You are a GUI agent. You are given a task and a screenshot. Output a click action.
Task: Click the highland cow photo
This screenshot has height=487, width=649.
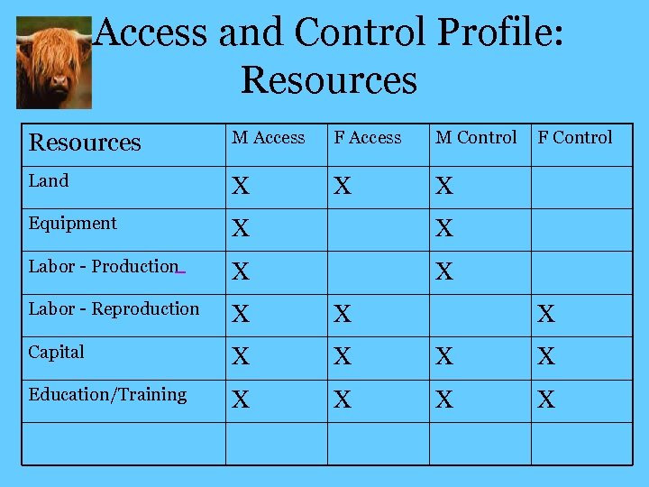point(54,61)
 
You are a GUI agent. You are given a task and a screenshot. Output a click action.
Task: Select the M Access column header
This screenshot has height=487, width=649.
point(269,138)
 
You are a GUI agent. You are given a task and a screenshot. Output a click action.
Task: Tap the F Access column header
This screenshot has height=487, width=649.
point(368,138)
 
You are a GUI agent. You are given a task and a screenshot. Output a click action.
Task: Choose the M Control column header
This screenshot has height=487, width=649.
point(476,138)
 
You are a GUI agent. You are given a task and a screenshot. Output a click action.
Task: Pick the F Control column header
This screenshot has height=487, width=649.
point(575,138)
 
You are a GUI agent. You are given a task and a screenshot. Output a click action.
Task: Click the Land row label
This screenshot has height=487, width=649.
point(49,180)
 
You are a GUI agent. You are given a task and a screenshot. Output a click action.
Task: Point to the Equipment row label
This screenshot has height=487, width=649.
point(73,223)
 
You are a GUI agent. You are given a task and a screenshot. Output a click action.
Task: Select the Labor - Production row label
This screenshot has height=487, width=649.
point(104,266)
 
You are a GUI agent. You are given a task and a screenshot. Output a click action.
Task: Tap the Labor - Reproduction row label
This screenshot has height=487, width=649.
point(114,308)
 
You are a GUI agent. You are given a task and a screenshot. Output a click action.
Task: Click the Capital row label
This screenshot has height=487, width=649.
point(57,352)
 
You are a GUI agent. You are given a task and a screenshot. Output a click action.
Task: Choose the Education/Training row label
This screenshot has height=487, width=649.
point(108,394)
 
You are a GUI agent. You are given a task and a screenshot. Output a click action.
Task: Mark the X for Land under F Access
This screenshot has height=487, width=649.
point(343,187)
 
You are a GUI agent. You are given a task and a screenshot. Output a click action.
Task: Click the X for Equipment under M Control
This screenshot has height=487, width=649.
point(444,229)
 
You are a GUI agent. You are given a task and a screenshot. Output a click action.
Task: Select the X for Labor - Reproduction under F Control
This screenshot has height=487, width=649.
point(546,315)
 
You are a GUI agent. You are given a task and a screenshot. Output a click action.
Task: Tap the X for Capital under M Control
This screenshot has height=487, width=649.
point(444,357)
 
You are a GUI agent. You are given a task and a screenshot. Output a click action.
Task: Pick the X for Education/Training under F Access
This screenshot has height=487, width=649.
point(343,400)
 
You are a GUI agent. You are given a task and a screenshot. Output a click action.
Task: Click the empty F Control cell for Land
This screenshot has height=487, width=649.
point(581,187)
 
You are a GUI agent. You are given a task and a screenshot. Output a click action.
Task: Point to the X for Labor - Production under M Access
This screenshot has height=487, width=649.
point(241,271)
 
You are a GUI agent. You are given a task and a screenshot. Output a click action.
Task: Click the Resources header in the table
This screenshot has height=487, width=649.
point(86,142)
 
